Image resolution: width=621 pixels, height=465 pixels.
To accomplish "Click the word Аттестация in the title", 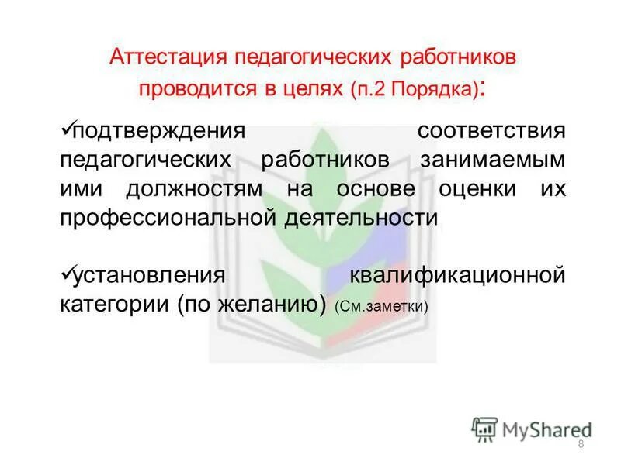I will pyautogui.click(x=161, y=58).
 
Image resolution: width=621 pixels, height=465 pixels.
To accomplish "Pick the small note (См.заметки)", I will pyautogui.click(x=381, y=307).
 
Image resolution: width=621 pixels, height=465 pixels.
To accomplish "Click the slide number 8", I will pyautogui.click(x=581, y=443).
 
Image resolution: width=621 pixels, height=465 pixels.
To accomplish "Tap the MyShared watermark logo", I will pyautogui.click(x=532, y=428).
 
